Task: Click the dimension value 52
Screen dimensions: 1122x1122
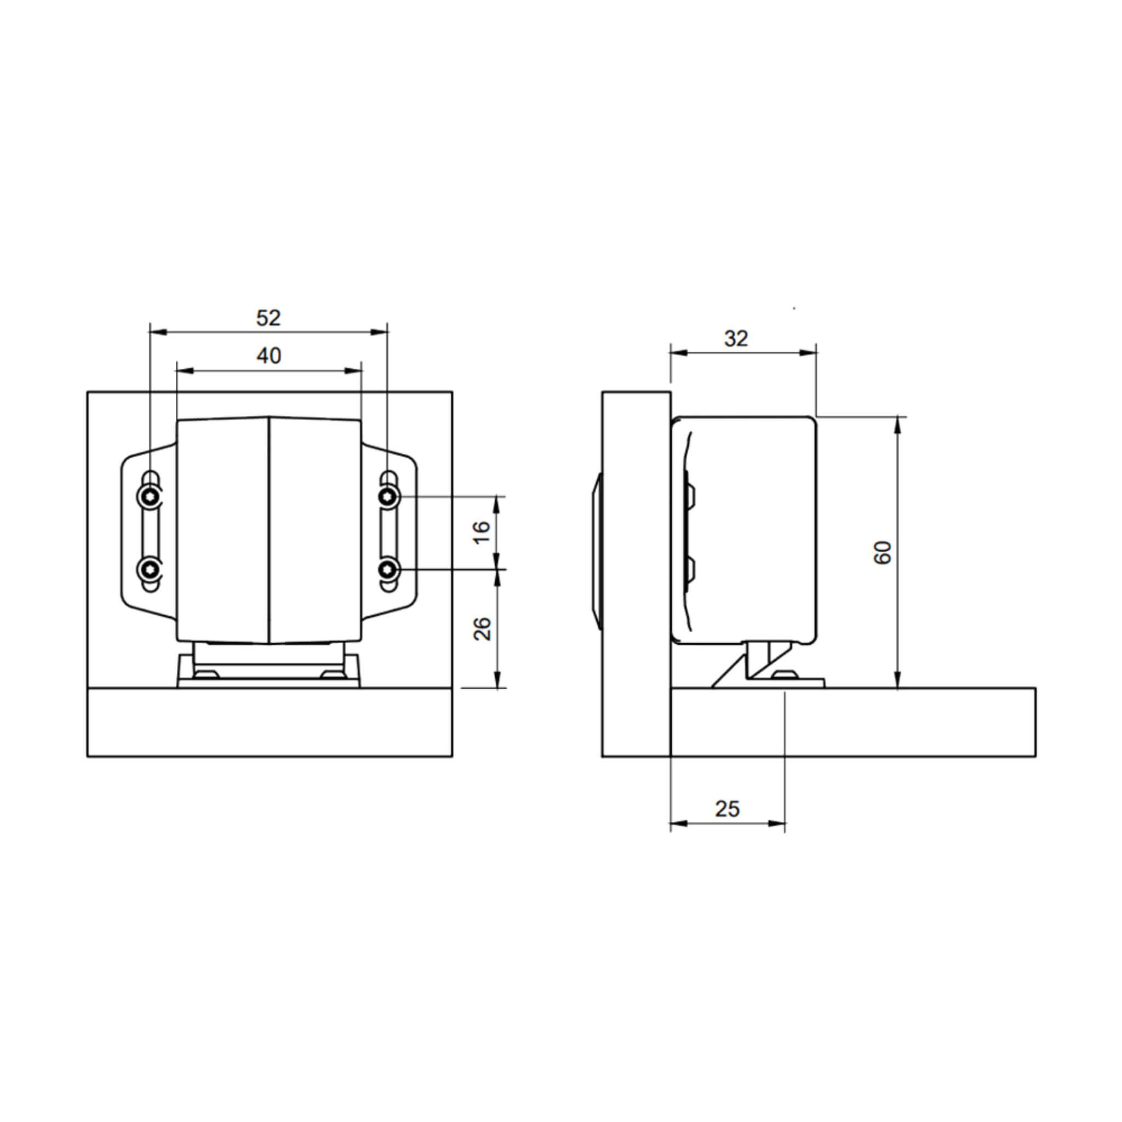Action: (x=268, y=318)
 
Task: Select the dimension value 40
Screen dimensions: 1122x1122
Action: (x=269, y=356)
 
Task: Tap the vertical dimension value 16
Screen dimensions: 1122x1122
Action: (x=482, y=532)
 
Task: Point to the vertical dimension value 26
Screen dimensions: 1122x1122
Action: (x=482, y=628)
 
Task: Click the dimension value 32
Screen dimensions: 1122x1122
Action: (x=736, y=339)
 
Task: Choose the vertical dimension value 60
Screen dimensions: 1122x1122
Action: (x=882, y=552)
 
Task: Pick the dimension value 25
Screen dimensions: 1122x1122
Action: (x=727, y=809)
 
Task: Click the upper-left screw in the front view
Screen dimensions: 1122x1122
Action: (x=150, y=496)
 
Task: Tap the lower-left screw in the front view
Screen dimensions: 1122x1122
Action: (x=150, y=570)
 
